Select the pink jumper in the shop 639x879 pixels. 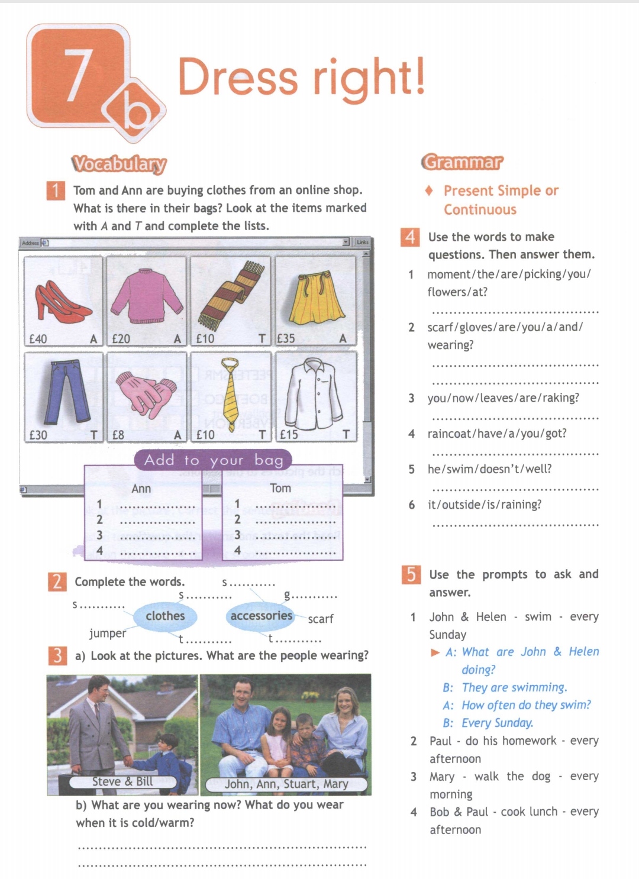point(146,295)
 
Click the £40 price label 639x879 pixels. point(38,339)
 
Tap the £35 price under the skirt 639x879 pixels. point(286,339)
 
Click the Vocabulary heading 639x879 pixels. point(119,164)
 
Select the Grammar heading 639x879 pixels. point(462,162)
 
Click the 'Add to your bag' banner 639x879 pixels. point(214,460)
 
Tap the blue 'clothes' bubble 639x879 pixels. point(165,616)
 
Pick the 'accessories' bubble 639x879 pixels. point(261,616)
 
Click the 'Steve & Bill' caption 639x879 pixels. point(122,782)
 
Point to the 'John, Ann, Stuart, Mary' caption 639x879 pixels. point(286,784)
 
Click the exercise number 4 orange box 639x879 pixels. point(410,237)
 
